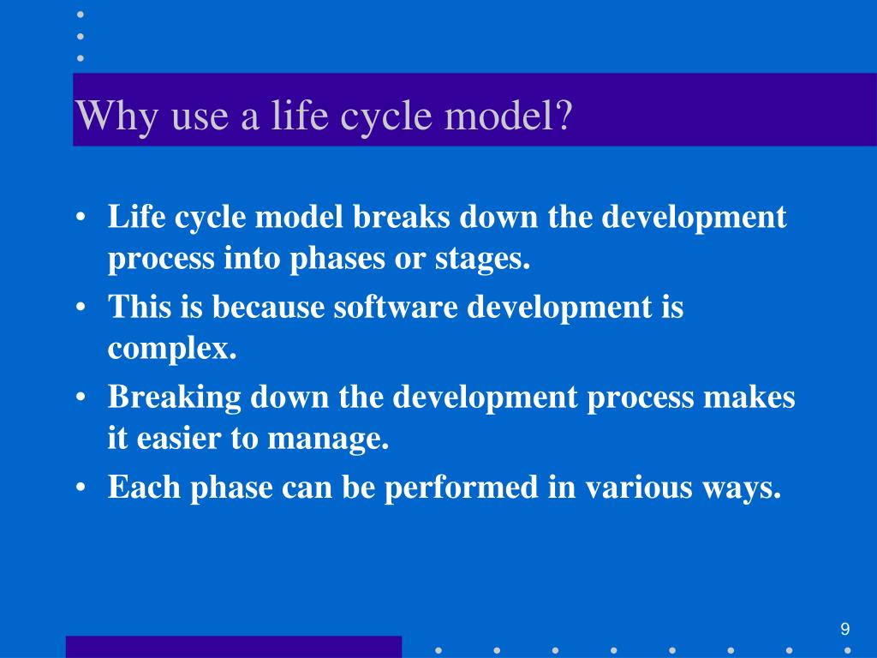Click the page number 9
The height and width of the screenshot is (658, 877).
pos(844,629)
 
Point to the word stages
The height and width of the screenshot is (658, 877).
pos(482,259)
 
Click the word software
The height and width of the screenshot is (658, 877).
pos(396,308)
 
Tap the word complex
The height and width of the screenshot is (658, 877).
pos(171,350)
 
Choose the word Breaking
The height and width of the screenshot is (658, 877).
pos(174,398)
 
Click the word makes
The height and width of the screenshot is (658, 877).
pos(749,398)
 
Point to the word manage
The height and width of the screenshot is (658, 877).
pos(327,440)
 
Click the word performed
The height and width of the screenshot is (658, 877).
pos(461,488)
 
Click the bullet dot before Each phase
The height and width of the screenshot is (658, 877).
pos(81,487)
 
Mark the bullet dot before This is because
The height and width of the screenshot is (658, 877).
pos(81,308)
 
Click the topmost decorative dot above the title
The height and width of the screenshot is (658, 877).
pos(81,15)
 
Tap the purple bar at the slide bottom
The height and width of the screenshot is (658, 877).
pos(234,647)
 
